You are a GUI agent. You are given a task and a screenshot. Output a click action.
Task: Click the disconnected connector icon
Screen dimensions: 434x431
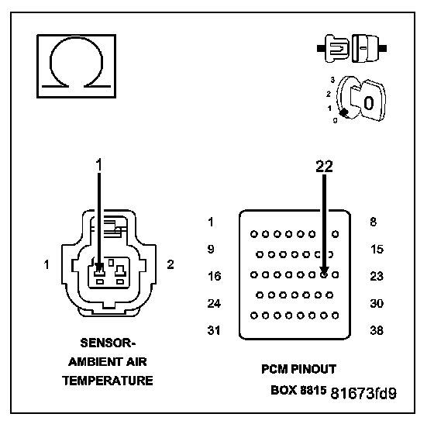352,48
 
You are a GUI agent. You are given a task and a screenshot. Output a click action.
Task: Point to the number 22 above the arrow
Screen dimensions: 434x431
324,167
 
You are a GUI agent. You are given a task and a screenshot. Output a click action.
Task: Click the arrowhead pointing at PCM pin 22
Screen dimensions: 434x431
324,271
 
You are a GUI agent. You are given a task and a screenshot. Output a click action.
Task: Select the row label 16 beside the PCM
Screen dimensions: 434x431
215,276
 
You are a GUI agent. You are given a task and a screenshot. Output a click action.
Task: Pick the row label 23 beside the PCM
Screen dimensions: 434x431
377,276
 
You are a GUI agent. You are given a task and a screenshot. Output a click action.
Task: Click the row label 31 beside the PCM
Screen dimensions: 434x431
214,330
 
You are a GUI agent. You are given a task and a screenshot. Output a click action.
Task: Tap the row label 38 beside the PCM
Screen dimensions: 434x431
377,330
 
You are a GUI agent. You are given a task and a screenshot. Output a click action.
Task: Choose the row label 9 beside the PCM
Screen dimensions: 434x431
211,249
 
